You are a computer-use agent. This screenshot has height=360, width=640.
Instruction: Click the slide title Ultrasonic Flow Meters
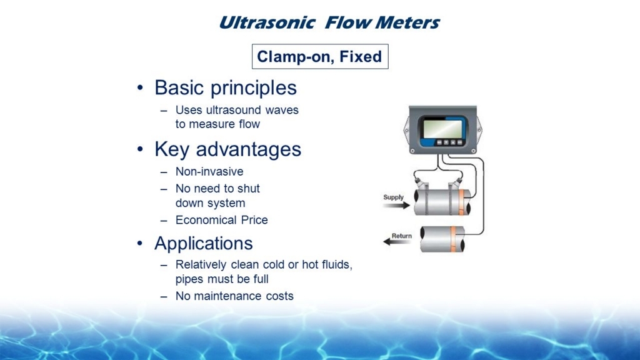pyautogui.click(x=329, y=22)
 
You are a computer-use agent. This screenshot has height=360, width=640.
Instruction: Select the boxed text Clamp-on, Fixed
pyautogui.click(x=319, y=56)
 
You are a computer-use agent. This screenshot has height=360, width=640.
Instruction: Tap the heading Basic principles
pyautogui.click(x=225, y=87)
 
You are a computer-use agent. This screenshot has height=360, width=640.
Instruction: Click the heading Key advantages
pyautogui.click(x=227, y=149)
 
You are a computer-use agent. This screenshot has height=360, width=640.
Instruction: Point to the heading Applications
pyautogui.click(x=203, y=244)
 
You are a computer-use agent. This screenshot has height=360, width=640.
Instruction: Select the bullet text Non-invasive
pyautogui.click(x=209, y=171)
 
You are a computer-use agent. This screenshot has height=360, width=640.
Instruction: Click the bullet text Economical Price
pyautogui.click(x=222, y=220)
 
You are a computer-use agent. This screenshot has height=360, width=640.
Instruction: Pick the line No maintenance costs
pyautogui.click(x=234, y=296)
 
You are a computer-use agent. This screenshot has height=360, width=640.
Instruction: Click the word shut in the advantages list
pyautogui.click(x=249, y=189)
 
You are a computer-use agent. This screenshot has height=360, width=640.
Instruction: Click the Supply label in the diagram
pyautogui.click(x=394, y=197)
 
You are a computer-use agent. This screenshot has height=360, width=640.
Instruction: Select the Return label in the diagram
pyautogui.click(x=402, y=236)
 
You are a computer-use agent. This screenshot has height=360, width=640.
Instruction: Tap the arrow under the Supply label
pyautogui.click(x=396, y=205)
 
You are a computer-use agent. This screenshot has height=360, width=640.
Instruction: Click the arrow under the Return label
pyautogui.click(x=397, y=242)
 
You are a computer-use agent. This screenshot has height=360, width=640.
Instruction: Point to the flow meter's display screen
pyautogui.click(x=442, y=129)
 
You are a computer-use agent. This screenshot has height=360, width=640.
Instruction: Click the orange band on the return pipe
pyautogui.click(x=453, y=239)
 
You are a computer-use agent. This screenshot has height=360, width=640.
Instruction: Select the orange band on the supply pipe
pyautogui.click(x=461, y=202)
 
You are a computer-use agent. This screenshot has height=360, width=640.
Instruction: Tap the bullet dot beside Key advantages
pyautogui.click(x=140, y=149)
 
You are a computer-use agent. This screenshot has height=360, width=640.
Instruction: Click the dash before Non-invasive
pyautogui.click(x=164, y=172)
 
